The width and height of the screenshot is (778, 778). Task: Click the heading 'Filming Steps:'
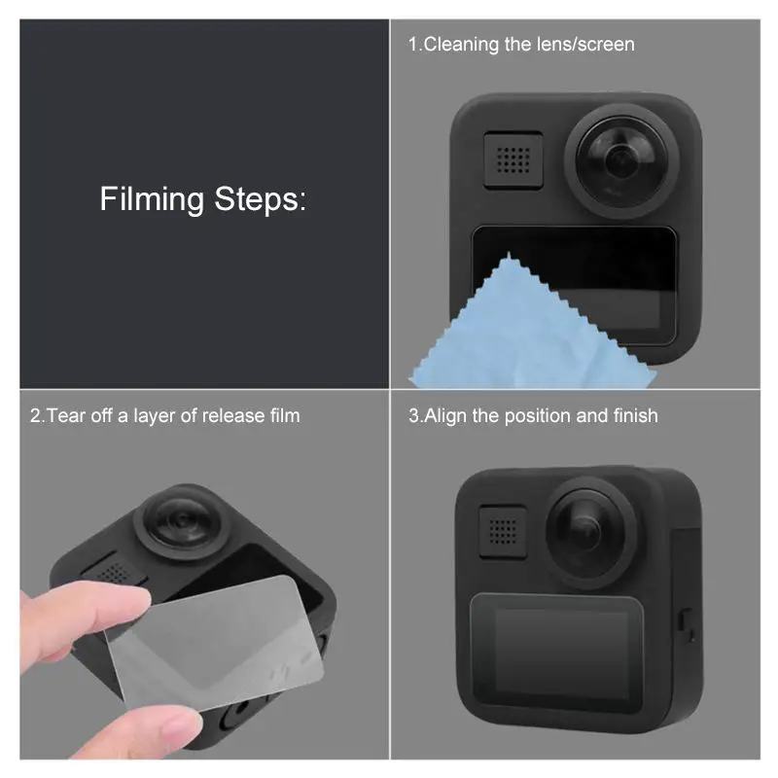[x=202, y=199]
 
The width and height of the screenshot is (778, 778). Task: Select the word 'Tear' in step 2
[x=66, y=416]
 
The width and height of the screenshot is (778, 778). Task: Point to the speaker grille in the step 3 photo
[x=504, y=530]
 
